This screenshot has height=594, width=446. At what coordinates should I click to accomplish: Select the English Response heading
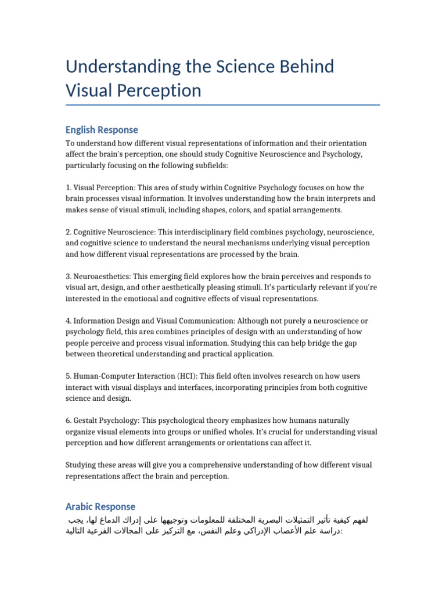click(x=102, y=129)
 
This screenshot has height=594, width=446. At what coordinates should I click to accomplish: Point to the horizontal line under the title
click(x=223, y=105)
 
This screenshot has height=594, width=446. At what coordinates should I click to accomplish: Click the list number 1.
click(x=68, y=187)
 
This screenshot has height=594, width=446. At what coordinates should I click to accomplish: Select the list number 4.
click(x=69, y=321)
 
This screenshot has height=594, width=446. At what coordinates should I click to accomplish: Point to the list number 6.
click(x=69, y=421)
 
